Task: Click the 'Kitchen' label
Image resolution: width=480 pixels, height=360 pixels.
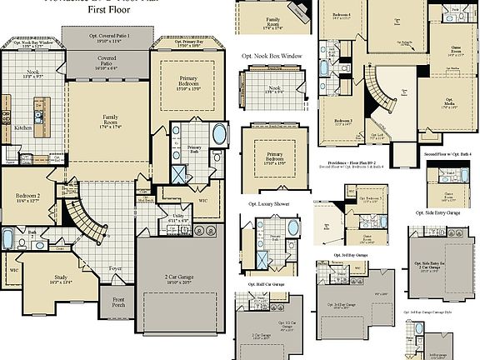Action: [x=22, y=128]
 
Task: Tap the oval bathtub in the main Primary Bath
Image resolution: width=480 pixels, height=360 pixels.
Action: [x=219, y=135]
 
